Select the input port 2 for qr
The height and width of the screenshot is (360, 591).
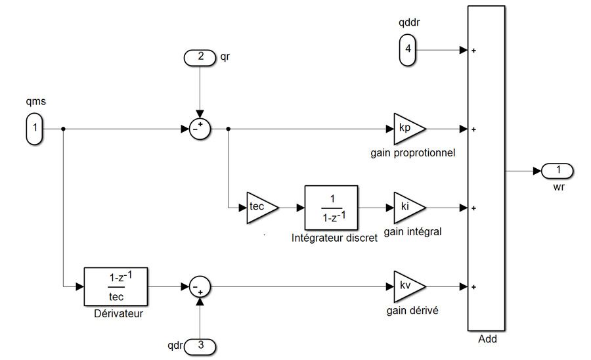tap(200, 57)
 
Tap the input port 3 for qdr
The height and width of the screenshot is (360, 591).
tap(200, 345)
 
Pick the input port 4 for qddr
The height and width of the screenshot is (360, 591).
tap(407, 50)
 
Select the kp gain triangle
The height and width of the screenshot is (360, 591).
tap(407, 129)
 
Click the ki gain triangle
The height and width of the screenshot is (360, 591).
tap(407, 208)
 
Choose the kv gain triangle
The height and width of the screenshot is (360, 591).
tap(407, 286)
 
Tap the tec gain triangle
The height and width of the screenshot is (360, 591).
tap(260, 208)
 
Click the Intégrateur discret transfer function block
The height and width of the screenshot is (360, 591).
tap(332, 208)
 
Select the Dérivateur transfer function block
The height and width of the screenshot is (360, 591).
tap(116, 286)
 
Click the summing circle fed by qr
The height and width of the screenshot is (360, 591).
tap(199, 129)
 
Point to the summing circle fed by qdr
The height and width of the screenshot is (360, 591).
tap(199, 286)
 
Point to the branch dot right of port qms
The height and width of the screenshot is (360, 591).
tap(63, 129)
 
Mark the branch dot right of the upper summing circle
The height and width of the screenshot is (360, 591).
tap(227, 129)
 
